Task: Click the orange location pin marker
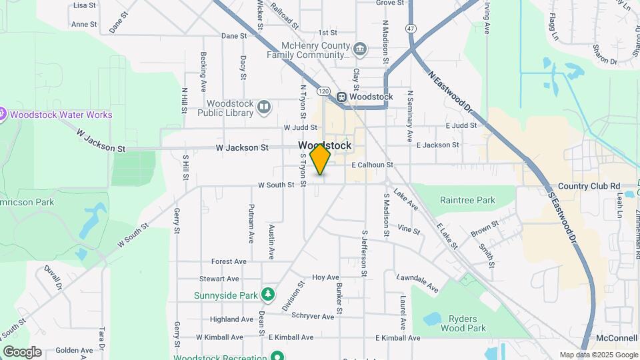click(x=320, y=159)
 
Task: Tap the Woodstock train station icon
click(x=341, y=97)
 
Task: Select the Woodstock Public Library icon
click(x=264, y=107)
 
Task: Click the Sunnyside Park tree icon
click(x=267, y=293)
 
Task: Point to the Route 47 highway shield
click(x=411, y=29)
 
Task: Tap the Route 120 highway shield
click(x=323, y=90)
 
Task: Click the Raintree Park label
click(x=467, y=200)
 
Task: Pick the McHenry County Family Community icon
click(x=360, y=48)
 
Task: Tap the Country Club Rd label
click(x=589, y=186)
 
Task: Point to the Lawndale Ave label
click(x=417, y=282)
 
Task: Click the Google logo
click(x=22, y=352)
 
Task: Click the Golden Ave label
click(x=74, y=350)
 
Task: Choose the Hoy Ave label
click(x=326, y=277)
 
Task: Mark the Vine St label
click(x=409, y=231)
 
